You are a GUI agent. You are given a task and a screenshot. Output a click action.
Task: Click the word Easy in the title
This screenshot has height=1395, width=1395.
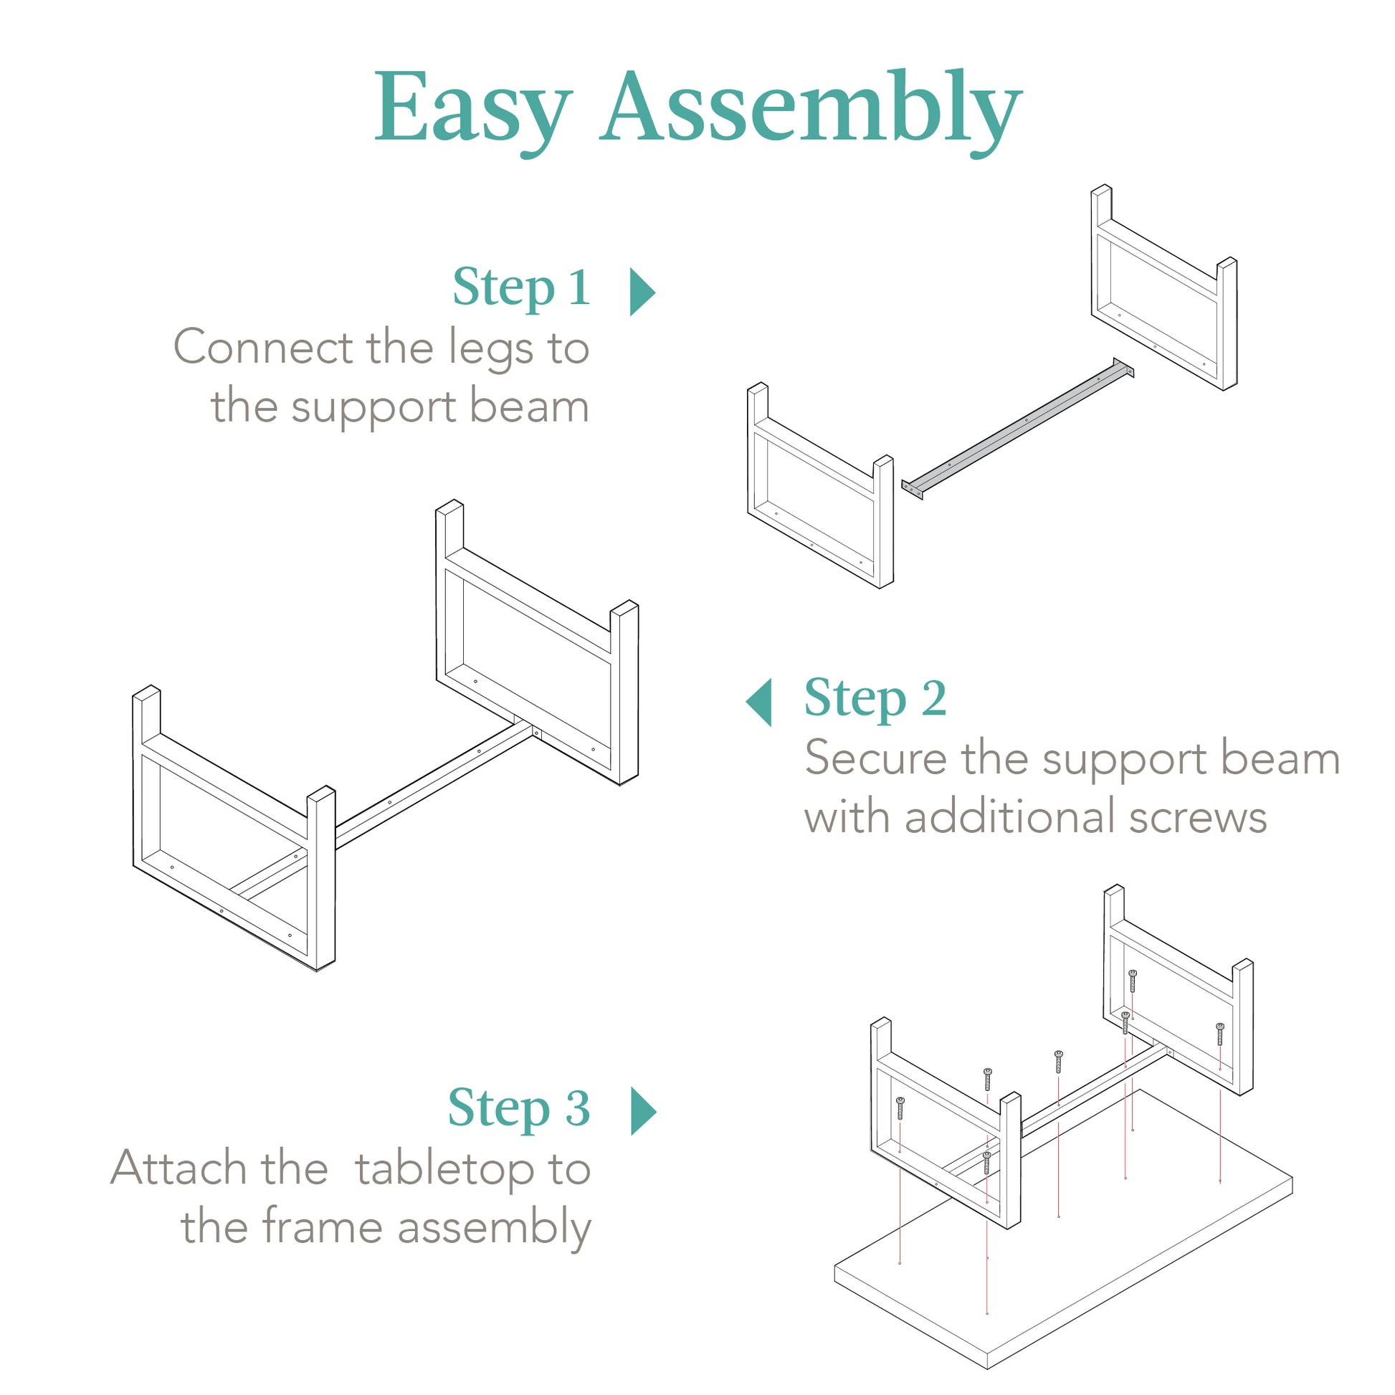(473, 108)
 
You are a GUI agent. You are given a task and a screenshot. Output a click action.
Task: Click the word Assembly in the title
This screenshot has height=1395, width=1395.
(810, 108)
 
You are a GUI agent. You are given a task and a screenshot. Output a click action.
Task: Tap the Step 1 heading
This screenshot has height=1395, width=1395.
(521, 287)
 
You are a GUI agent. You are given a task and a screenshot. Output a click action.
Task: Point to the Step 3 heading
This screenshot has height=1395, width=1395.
(518, 1108)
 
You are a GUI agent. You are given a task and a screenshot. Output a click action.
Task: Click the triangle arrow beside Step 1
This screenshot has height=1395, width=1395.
(641, 292)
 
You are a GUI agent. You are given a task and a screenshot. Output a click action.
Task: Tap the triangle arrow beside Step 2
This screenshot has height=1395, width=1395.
(760, 702)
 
